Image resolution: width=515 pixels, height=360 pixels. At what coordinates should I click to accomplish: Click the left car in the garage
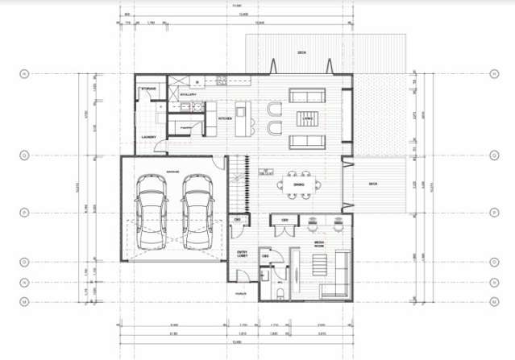[152, 214]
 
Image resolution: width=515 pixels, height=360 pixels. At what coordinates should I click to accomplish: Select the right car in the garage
[197, 214]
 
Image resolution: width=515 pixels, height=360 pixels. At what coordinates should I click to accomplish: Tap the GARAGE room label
[172, 172]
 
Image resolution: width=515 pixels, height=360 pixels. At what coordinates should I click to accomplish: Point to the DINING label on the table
[298, 186]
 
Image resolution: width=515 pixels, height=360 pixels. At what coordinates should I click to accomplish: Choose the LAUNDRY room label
[147, 137]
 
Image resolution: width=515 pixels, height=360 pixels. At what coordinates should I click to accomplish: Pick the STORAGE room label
[148, 89]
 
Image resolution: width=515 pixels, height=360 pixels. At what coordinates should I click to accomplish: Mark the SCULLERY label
[189, 94]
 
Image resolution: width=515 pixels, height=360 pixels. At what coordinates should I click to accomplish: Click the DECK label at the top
[301, 53]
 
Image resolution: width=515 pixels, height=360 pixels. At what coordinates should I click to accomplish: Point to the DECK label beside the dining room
[372, 184]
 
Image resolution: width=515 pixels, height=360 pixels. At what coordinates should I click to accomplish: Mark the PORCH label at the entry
[240, 294]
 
